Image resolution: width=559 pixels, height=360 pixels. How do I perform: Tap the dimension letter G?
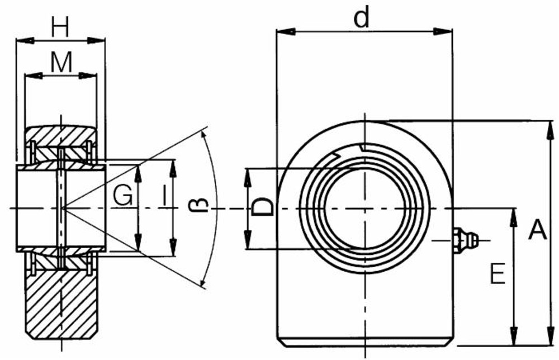tap(122, 196)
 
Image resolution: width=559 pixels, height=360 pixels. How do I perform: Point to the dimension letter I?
tap(163, 196)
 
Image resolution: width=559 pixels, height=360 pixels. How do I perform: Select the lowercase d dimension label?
tap(362, 19)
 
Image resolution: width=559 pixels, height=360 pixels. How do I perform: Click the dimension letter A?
tap(537, 230)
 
